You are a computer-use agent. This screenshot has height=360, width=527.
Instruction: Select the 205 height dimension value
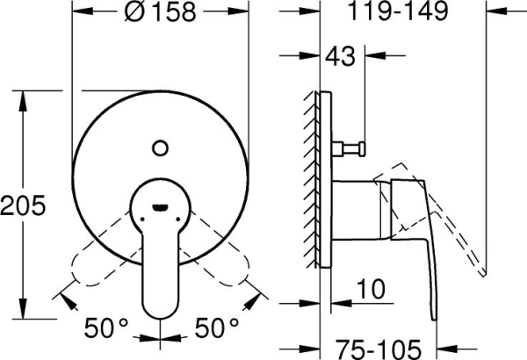pos(20,208)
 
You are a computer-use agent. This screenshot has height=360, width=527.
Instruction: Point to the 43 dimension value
pos(343,58)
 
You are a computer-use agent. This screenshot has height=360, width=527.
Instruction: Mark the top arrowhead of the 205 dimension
pos(20,95)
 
